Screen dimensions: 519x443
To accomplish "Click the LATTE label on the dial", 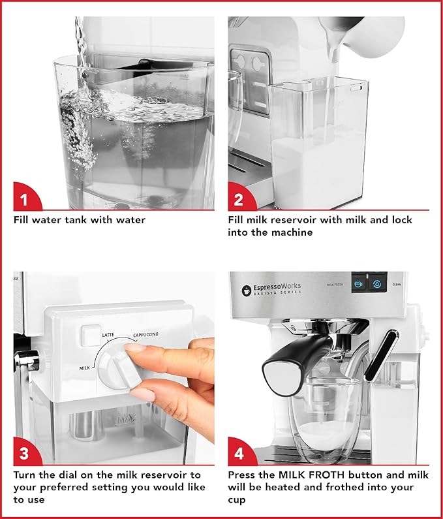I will [x=108, y=335].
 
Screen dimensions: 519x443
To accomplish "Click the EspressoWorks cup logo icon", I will [x=247, y=290].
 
